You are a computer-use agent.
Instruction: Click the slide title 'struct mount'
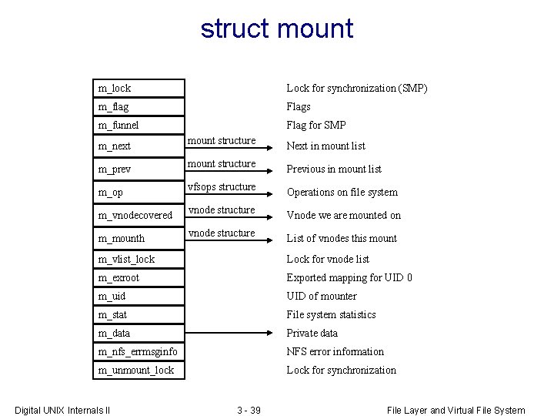point(277,29)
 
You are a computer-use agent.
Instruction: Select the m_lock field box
point(141,89)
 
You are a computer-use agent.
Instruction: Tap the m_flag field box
point(141,107)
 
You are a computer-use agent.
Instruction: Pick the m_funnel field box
point(141,126)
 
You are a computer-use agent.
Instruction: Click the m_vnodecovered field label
point(135,216)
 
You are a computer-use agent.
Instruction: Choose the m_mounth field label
point(122,239)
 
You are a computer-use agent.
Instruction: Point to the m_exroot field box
point(141,278)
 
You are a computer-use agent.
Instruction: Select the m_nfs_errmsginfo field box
point(141,352)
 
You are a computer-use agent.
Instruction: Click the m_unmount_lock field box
point(141,371)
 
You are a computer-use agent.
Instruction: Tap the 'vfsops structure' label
point(222,187)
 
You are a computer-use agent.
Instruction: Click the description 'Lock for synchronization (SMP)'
point(357,89)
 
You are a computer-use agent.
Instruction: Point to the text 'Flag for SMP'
point(316,126)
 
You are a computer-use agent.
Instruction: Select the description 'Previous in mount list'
point(334,169)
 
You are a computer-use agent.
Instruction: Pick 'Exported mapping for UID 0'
point(349,278)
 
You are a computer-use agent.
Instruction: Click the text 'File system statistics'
point(331,315)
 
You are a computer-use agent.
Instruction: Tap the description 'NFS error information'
point(335,352)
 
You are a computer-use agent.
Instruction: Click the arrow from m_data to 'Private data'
point(231,334)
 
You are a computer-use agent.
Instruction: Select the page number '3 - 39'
point(249,411)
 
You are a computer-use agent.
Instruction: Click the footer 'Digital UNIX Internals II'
point(63,411)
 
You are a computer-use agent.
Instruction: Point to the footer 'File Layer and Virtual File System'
point(456,411)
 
